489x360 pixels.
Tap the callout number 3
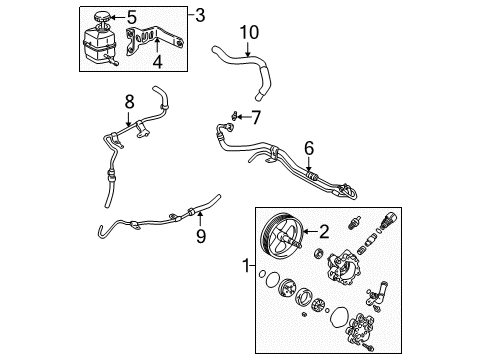[x=200, y=15]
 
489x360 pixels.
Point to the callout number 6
[x=309, y=148]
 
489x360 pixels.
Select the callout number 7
[x=255, y=117]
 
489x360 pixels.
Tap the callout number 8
[x=128, y=100]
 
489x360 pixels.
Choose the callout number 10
[x=249, y=34]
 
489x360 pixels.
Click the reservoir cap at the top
[x=100, y=17]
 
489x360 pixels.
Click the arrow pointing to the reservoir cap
[x=115, y=17]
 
